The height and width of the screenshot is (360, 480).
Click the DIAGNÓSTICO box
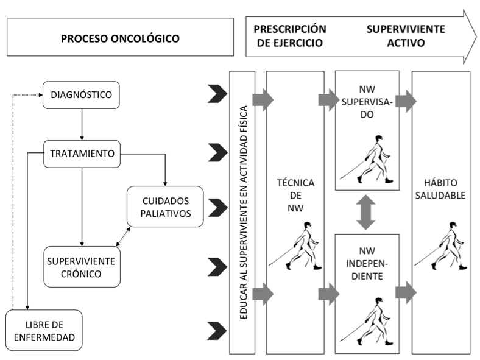pos(80,96)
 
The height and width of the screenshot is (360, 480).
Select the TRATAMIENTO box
pos(80,153)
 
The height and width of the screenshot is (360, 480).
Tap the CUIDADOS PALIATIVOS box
pos(164,206)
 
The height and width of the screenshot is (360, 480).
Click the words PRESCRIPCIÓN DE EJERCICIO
pos(289,37)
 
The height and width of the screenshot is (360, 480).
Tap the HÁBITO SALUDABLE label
pos(440,189)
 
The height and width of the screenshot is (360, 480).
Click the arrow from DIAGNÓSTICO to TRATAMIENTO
pos(80,124)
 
